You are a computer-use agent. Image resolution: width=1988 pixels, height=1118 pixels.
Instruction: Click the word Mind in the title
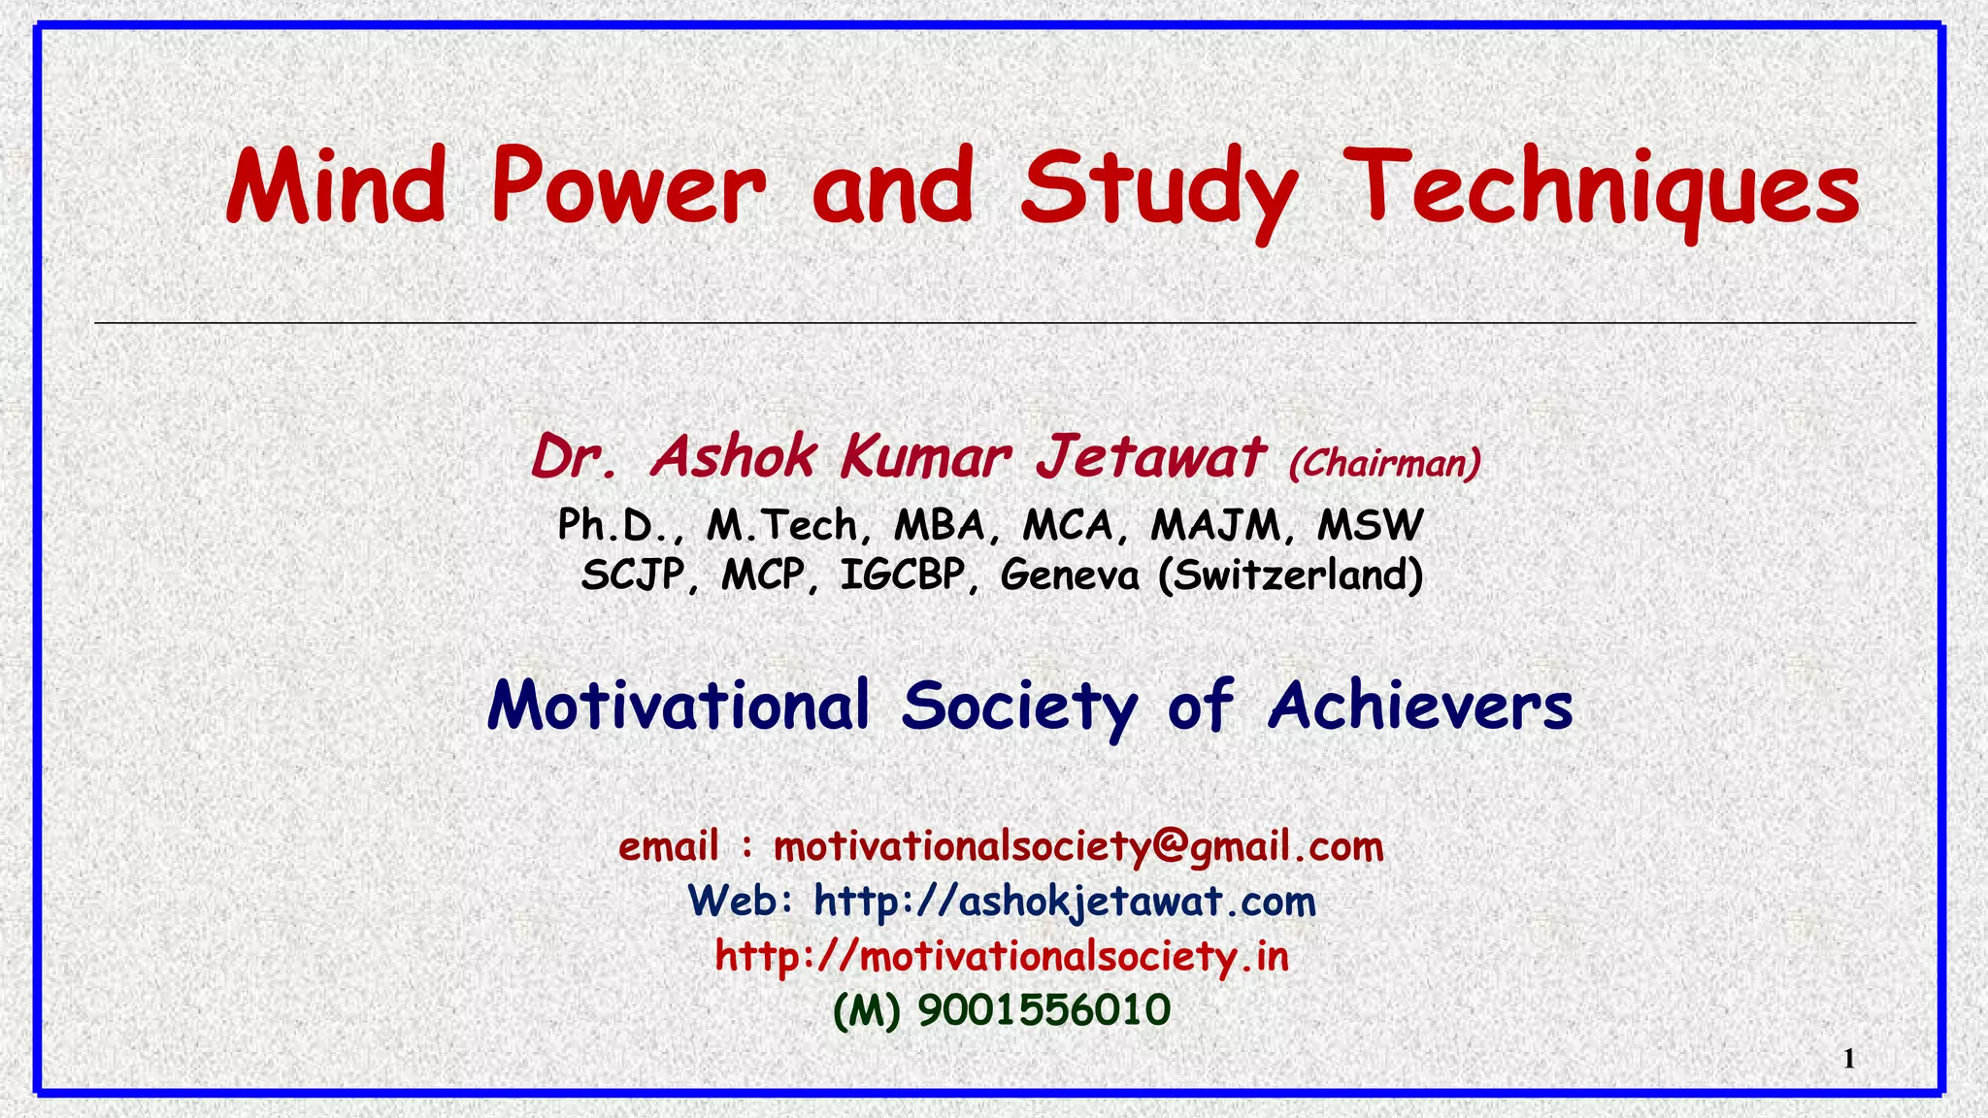[x=336, y=185]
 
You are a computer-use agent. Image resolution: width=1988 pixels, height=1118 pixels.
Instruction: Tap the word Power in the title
[x=628, y=185]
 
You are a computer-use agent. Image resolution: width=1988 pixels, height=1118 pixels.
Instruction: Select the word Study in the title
[x=1158, y=189]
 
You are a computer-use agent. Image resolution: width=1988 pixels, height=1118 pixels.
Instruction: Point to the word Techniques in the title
[x=1606, y=189]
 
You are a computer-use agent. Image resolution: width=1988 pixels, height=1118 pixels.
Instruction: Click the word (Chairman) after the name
[x=1384, y=463]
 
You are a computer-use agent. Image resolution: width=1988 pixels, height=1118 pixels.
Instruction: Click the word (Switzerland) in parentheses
[x=1290, y=575]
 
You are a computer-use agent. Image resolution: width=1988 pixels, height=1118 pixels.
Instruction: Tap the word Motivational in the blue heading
[x=679, y=706]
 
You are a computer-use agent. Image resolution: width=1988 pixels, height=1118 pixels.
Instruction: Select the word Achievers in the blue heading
[x=1420, y=706]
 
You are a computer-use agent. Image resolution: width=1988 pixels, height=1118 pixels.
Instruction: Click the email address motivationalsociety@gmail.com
[x=1078, y=847]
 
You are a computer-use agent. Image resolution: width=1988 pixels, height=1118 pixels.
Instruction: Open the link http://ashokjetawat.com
[x=1065, y=902]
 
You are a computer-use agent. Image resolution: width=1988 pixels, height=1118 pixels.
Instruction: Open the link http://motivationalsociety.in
[x=1002, y=957]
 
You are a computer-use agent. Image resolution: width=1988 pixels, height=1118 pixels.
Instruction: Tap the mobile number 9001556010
[x=1044, y=1010]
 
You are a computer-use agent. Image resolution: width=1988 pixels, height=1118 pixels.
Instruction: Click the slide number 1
[x=1848, y=1059]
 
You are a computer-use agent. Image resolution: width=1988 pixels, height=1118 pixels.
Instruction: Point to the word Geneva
[x=1070, y=575]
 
